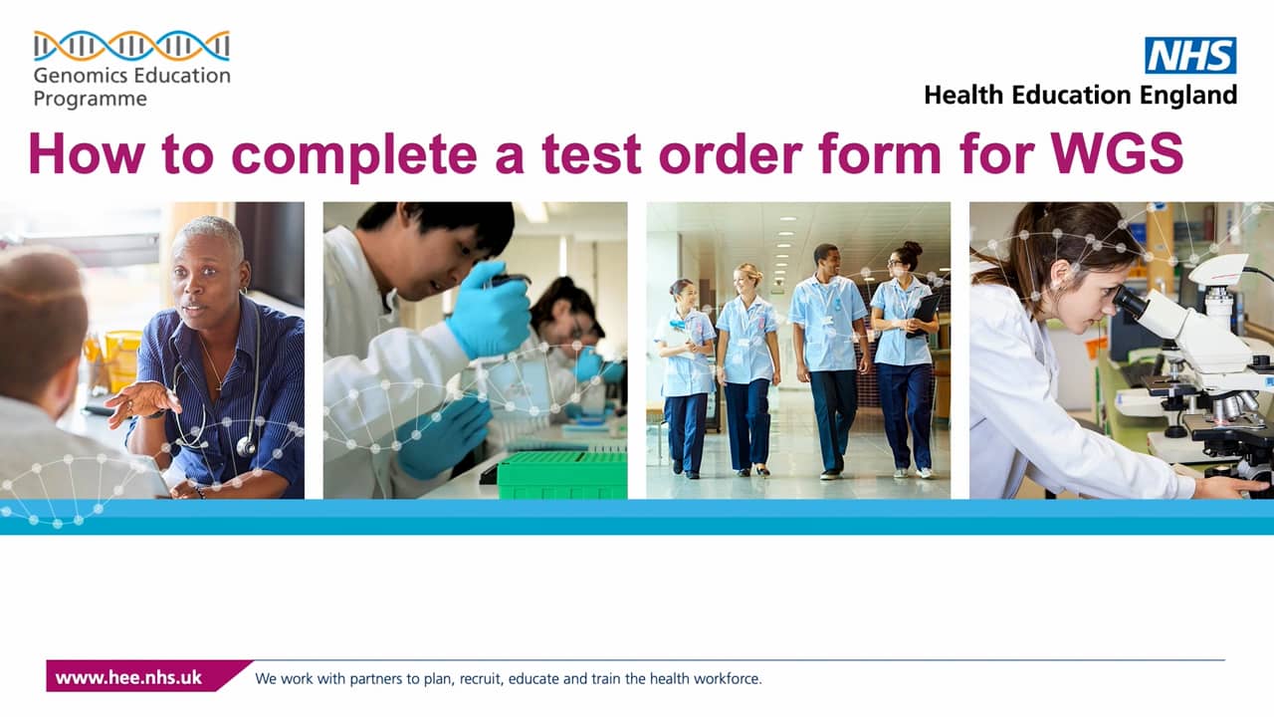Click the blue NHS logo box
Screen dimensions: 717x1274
[x=1190, y=55]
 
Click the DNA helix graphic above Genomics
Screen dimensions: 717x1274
[x=131, y=46]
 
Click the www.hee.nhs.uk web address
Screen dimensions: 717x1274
[x=128, y=677]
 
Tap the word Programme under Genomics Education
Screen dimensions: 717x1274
[x=90, y=99]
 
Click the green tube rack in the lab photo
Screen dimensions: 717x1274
[x=561, y=475]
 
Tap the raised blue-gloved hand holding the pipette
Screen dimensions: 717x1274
[x=488, y=309]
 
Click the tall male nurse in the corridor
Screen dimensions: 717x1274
[x=826, y=349]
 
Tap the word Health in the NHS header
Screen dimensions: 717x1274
[x=962, y=96]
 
